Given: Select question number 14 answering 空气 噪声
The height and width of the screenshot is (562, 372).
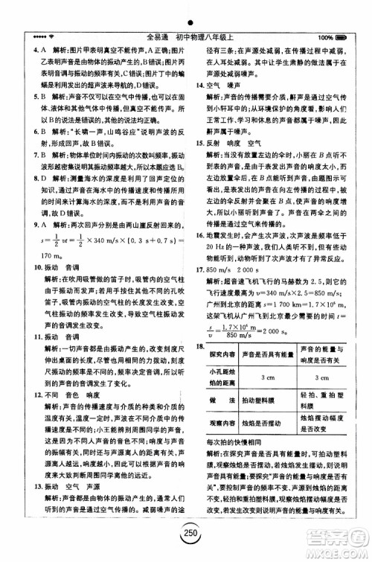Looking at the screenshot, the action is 199,85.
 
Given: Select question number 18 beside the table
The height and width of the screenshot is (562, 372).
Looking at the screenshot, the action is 199,346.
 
